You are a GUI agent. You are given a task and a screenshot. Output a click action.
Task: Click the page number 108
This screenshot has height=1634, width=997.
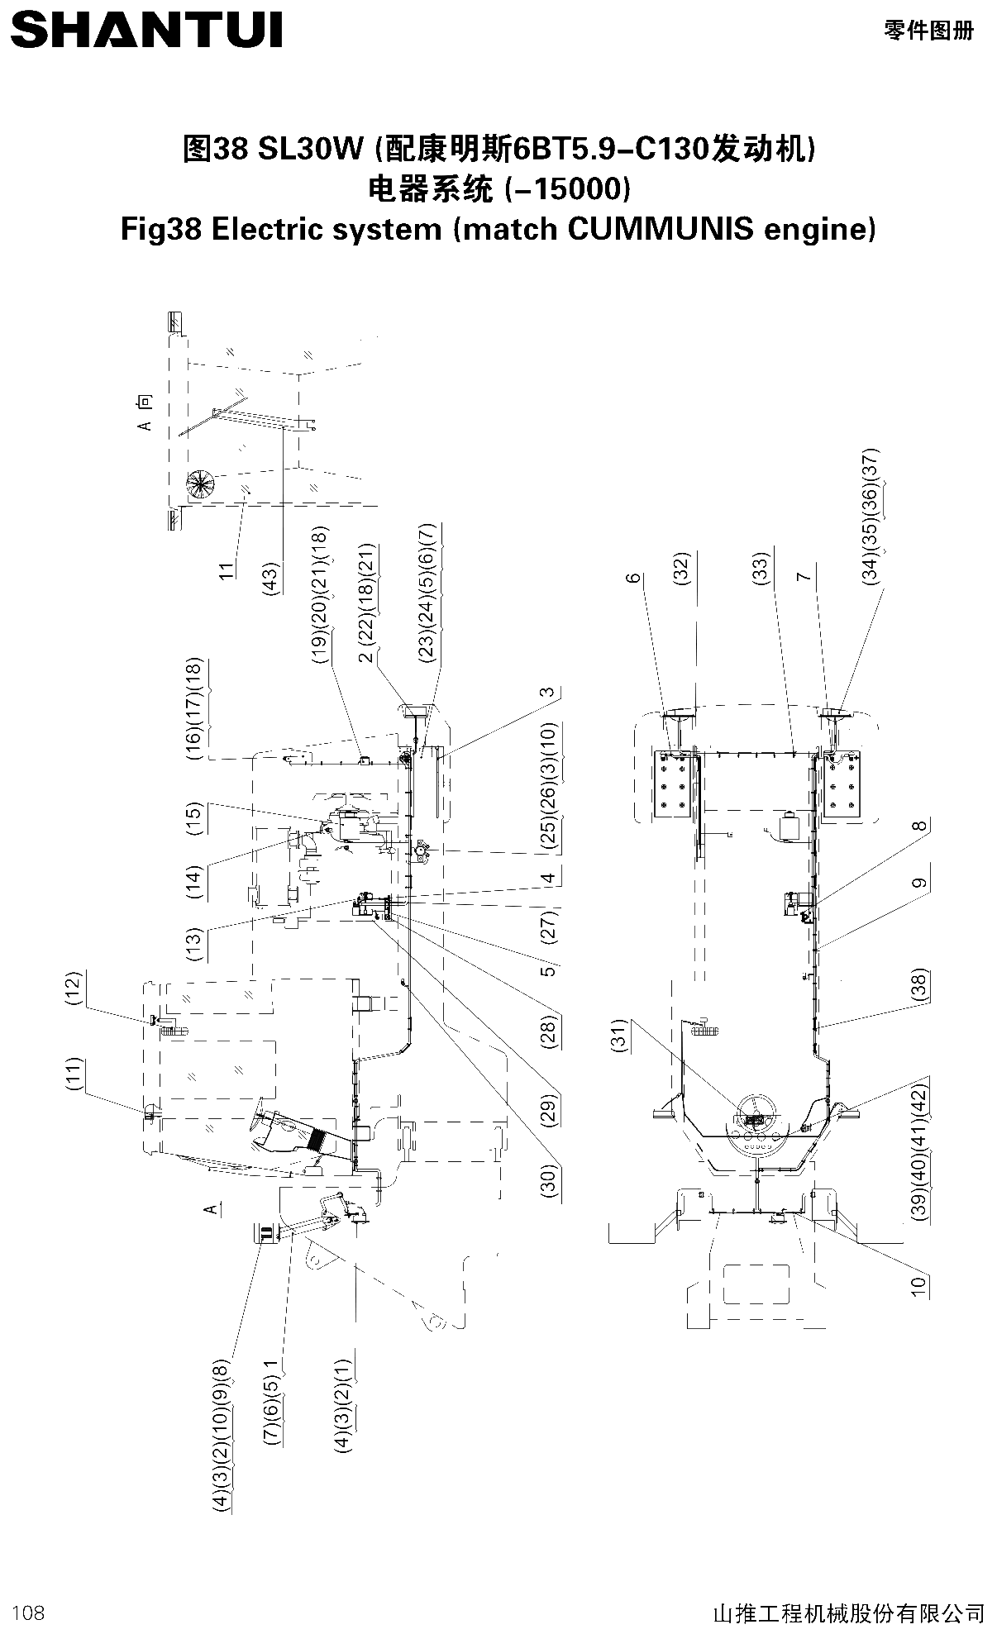[x=29, y=1612]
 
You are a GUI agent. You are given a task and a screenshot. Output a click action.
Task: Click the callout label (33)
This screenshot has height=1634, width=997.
[x=761, y=569]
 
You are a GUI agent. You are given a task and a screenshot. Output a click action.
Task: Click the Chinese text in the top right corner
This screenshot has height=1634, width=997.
[x=928, y=31]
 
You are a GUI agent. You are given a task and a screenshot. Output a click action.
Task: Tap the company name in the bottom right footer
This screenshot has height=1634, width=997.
[x=848, y=1613]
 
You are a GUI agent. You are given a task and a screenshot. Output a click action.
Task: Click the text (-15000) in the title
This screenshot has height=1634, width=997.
[x=567, y=189]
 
